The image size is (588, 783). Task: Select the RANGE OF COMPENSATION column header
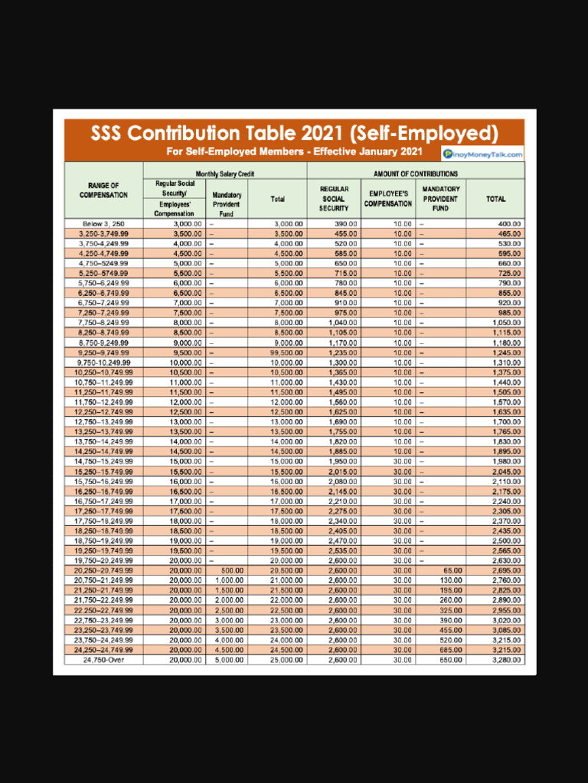[x=104, y=190]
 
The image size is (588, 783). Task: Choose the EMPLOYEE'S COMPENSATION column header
[x=388, y=199]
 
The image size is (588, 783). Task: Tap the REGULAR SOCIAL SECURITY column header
[x=334, y=198]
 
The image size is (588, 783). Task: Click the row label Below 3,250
[x=104, y=223]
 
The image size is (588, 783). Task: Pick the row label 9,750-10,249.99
[x=104, y=362]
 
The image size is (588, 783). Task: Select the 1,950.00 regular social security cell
[x=342, y=461]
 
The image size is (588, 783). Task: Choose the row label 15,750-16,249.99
[x=104, y=481]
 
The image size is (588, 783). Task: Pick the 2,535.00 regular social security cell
[x=342, y=551]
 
